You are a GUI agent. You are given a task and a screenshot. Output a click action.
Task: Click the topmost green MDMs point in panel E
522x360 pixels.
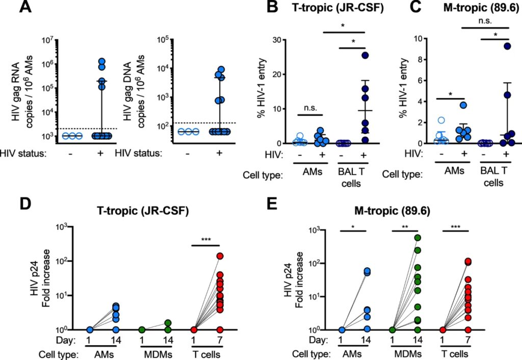pos(418,238)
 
